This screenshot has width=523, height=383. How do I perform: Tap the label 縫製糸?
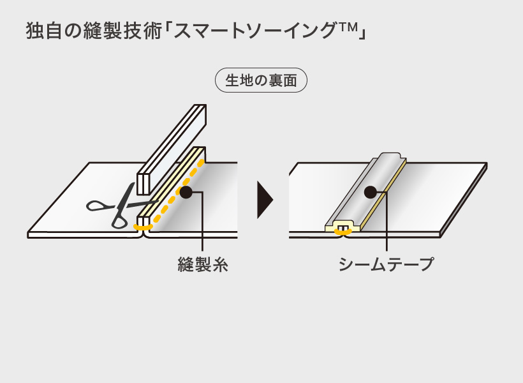click(203, 264)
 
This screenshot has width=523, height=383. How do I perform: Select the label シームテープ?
click(387, 264)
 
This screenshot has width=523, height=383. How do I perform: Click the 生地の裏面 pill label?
click(261, 80)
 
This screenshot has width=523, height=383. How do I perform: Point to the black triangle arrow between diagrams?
click(264, 200)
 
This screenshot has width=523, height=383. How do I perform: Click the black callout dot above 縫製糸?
click(186, 191)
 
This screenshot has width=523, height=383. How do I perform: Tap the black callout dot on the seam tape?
click(370, 191)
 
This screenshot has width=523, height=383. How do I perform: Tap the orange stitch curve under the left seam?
click(143, 227)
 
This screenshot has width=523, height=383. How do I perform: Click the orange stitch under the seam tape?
click(344, 232)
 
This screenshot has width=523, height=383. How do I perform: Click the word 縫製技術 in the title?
click(121, 31)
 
